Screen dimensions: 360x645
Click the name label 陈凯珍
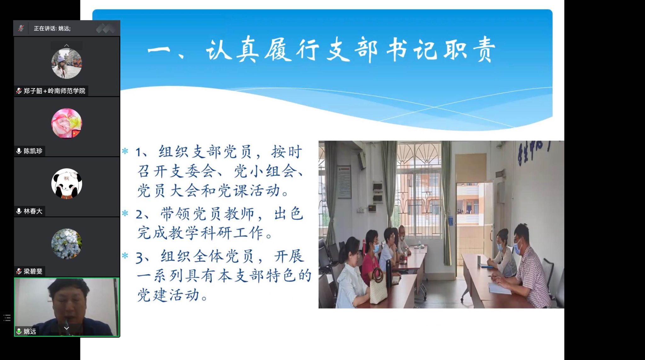point(33,151)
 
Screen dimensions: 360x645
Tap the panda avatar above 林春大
point(66,184)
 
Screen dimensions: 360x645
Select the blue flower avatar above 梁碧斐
point(66,244)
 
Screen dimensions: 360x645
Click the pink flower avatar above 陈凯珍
point(66,123)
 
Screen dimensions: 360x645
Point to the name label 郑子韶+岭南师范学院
point(54,91)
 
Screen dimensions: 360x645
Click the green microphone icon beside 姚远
point(19,331)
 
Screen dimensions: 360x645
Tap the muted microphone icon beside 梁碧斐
point(19,271)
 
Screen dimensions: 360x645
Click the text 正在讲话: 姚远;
point(52,28)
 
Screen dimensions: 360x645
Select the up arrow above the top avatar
point(66,46)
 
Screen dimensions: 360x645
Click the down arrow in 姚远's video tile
point(66,328)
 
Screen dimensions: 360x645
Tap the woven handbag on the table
point(378,287)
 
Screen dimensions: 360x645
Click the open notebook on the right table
point(499,288)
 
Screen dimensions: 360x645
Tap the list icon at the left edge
point(7,318)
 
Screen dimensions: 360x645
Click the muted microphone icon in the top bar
point(21,28)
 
